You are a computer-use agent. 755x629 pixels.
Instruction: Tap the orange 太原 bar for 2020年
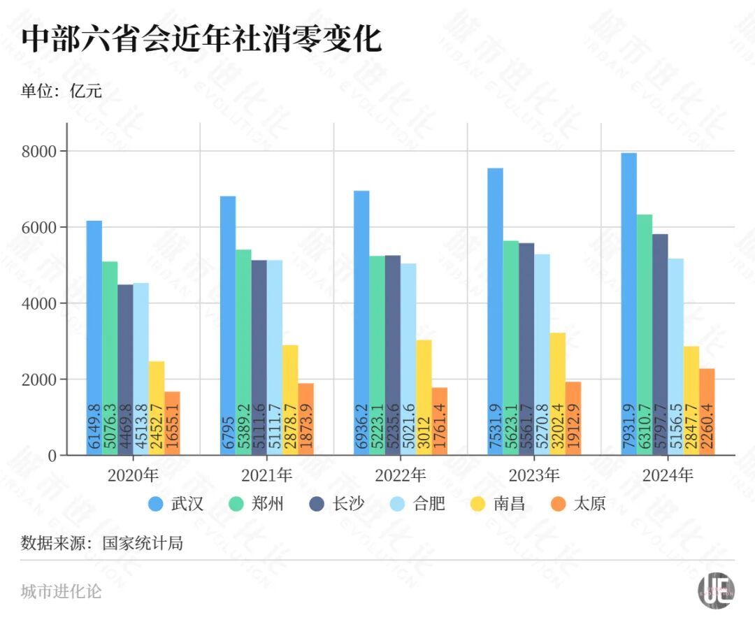[x=172, y=423]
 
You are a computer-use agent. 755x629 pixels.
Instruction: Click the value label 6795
[x=229, y=427]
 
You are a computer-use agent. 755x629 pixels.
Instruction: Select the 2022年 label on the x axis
[x=400, y=476]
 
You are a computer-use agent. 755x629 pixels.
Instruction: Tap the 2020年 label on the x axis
[x=133, y=476]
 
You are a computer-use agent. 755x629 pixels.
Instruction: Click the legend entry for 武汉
[x=175, y=504]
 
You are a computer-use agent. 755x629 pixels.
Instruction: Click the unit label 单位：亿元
[x=62, y=92]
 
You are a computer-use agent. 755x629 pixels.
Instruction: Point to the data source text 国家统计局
[x=143, y=542]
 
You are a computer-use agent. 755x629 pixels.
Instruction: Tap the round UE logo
[x=716, y=590]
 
